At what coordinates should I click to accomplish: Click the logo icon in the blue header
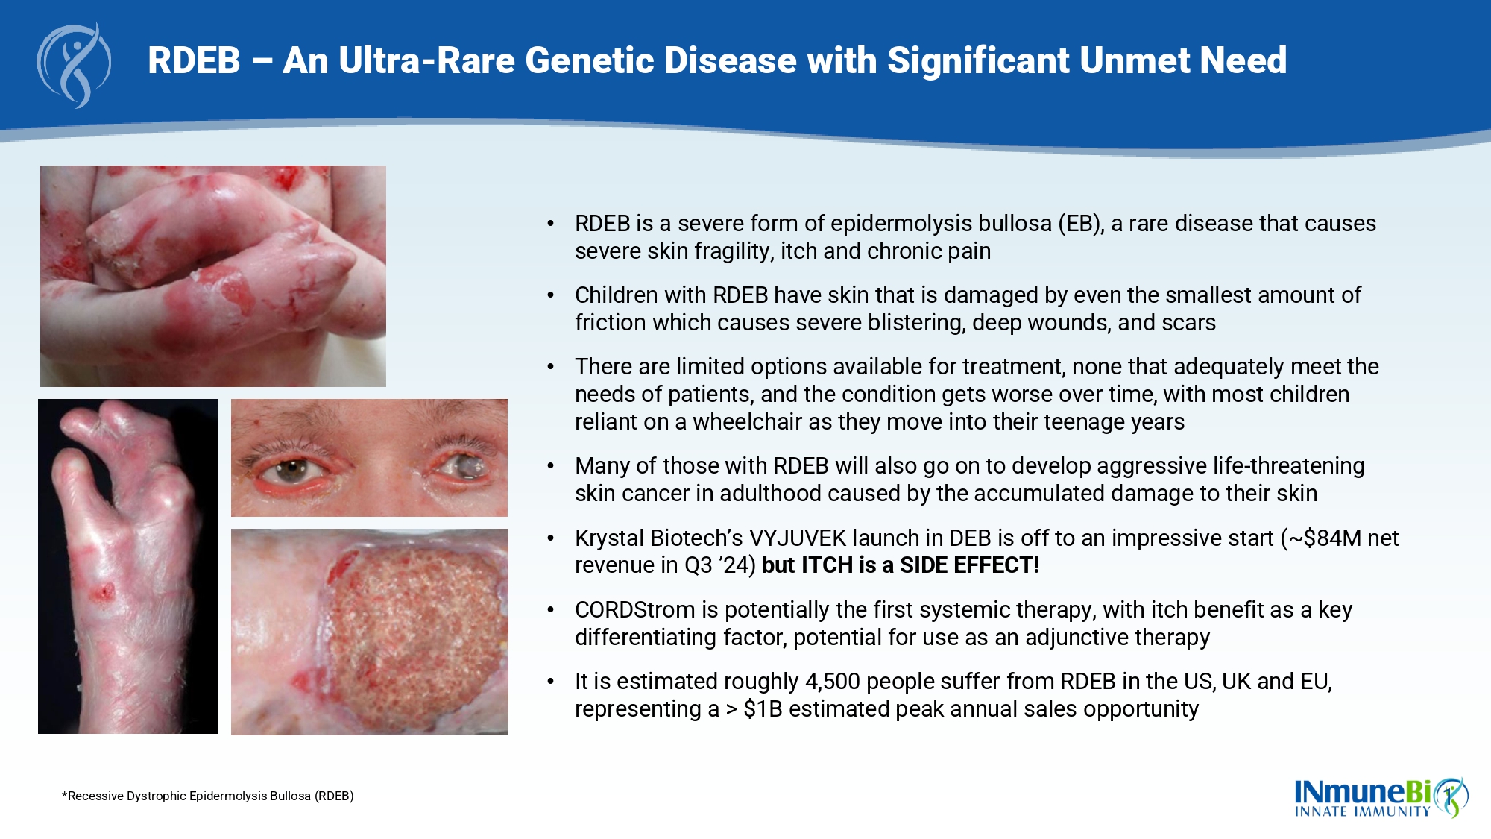pyautogui.click(x=74, y=66)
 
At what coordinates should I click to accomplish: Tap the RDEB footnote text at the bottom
pyautogui.click(x=208, y=796)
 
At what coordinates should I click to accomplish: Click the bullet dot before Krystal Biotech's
pyautogui.click(x=551, y=538)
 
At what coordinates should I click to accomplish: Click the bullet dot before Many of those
pyautogui.click(x=551, y=467)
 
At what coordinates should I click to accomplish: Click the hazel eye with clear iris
pyautogui.click(x=292, y=470)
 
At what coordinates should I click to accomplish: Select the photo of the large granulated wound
pyautogui.click(x=370, y=632)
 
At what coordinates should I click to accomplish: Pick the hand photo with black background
pyautogui.click(x=127, y=566)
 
